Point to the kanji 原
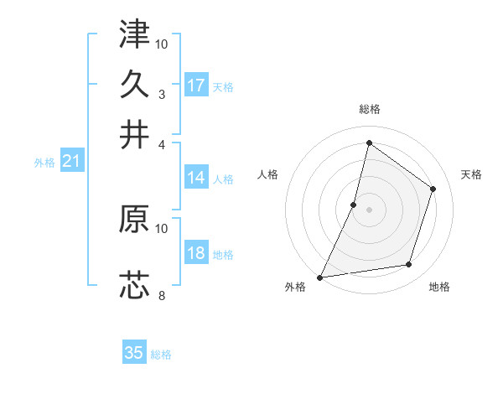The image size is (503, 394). (134, 219)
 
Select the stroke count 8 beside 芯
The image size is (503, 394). (162, 296)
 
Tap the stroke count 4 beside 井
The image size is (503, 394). (162, 144)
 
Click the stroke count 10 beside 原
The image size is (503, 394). (162, 228)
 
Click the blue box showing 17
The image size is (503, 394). (196, 86)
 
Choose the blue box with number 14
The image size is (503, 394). (196, 178)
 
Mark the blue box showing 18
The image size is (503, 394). (196, 254)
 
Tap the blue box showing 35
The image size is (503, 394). (134, 353)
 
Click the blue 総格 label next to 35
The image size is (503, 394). (161, 355)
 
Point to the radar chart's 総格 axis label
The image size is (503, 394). (369, 109)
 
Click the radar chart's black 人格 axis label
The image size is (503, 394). (268, 174)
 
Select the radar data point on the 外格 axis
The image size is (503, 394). (320, 277)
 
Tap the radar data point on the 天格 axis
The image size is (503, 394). (433, 189)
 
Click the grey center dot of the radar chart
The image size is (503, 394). (369, 210)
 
